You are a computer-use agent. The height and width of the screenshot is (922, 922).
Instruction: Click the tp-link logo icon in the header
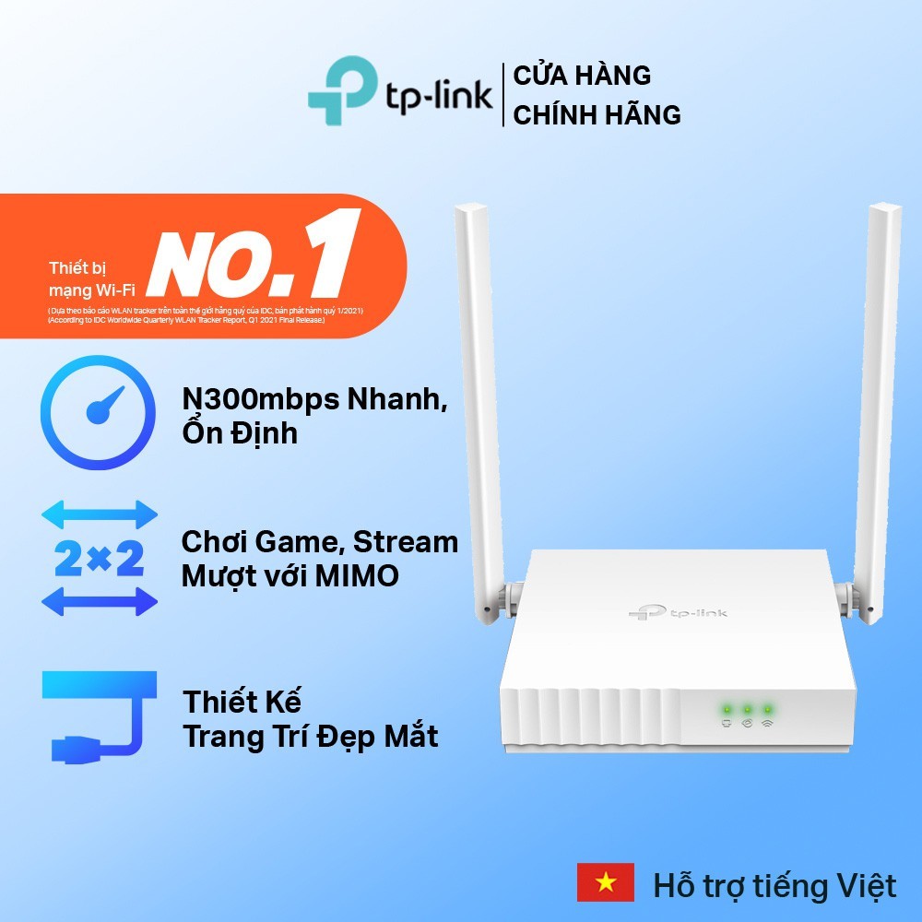pos(342,90)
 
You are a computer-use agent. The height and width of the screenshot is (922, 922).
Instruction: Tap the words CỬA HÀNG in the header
pos(582,75)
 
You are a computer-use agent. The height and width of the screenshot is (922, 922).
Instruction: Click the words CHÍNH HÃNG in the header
pos(597,115)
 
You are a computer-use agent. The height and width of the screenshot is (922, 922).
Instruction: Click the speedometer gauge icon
pos(99,413)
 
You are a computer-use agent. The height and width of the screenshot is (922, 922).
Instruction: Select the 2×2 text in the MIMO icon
pos(100,558)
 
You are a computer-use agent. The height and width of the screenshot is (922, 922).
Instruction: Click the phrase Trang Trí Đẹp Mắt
pos(310,737)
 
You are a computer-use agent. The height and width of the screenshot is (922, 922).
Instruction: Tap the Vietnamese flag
pos(606,883)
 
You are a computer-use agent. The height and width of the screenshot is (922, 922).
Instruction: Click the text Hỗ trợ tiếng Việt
pos(774,886)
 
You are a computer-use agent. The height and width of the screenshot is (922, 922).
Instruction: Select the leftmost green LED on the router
pos(727,709)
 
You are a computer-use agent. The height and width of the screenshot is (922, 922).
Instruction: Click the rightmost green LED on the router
pos(767,709)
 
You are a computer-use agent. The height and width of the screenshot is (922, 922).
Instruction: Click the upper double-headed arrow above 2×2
pos(100,514)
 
